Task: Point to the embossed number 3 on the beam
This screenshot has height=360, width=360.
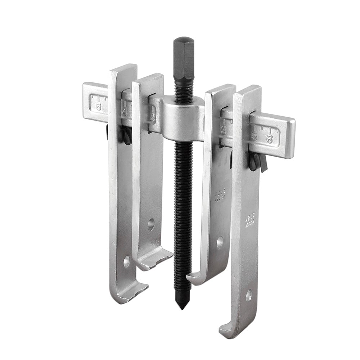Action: coord(224,130)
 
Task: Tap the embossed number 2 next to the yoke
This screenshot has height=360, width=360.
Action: coord(153,117)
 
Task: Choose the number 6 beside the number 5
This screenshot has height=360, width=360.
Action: coord(269,139)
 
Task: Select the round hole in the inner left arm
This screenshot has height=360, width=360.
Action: coord(151,225)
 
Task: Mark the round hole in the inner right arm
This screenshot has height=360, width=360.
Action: coord(219,243)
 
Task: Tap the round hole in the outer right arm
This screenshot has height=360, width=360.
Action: coord(248,296)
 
